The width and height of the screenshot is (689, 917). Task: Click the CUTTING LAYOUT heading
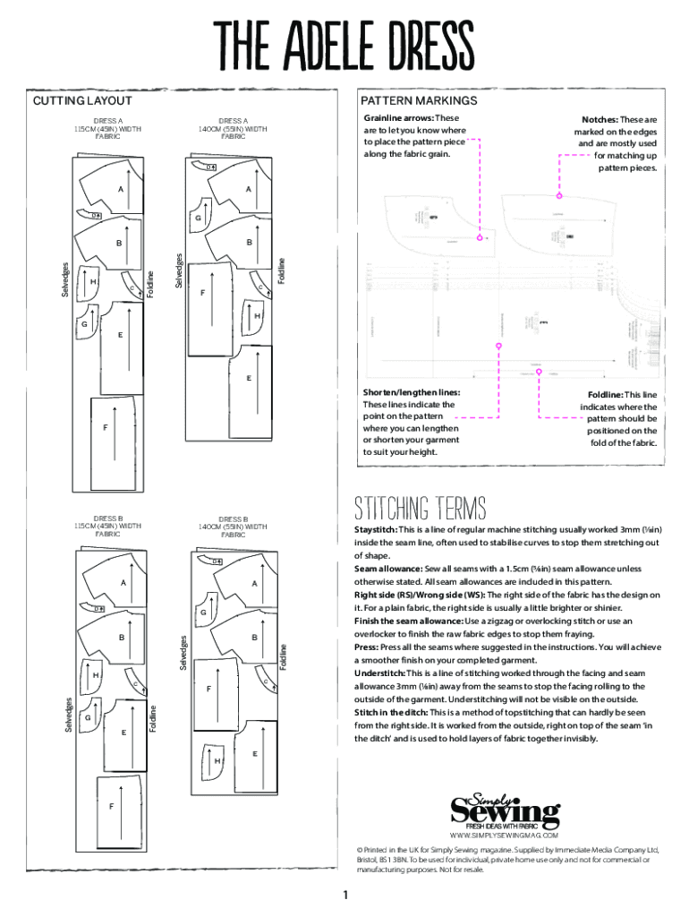82,101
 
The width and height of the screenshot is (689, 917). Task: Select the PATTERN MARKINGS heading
418,101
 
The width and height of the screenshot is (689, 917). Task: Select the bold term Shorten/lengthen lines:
412,392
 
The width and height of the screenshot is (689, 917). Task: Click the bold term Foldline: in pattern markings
605,395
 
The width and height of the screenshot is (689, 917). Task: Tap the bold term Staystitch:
376,529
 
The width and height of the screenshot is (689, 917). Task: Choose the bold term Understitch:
379,673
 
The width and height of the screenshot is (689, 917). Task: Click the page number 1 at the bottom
344,896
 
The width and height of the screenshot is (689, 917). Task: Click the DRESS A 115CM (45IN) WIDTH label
107,128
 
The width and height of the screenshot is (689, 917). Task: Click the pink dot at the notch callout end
559,195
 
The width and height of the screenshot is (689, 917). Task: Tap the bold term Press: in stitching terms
367,647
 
